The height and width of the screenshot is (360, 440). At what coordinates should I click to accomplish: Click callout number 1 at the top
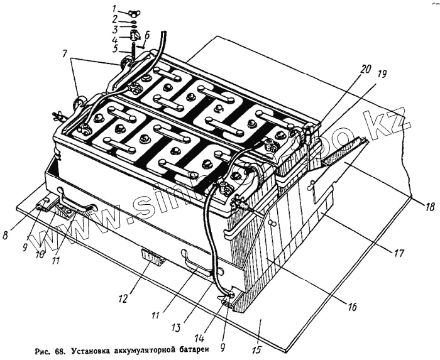(x=114, y=9)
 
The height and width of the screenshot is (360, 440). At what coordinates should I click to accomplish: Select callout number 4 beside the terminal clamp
(x=114, y=39)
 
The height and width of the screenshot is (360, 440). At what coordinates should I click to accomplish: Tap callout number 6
(x=147, y=35)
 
